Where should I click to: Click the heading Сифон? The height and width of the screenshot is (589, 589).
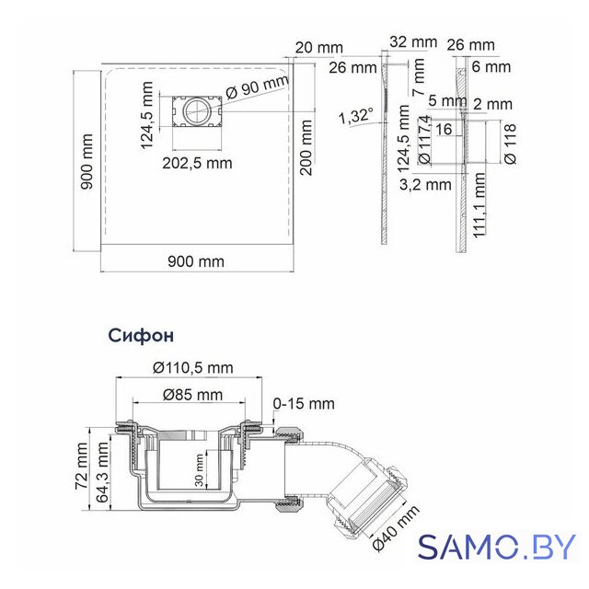[141, 335]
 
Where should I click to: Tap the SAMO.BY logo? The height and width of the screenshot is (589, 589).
[497, 547]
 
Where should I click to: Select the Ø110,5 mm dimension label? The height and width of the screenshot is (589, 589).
[193, 368]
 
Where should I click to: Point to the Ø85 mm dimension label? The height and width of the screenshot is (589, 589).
[192, 395]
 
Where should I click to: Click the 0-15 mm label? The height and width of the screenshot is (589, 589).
[304, 404]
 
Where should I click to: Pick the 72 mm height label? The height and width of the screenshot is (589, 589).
[81, 467]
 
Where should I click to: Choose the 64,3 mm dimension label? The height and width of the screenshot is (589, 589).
[102, 472]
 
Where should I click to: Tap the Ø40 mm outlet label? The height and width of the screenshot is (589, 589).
[396, 528]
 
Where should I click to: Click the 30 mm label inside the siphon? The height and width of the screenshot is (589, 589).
[199, 470]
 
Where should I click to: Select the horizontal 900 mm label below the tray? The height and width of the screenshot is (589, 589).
[196, 261]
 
